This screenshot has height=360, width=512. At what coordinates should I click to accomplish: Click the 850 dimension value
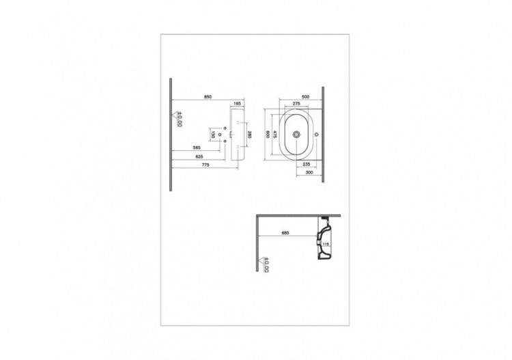click(x=208, y=97)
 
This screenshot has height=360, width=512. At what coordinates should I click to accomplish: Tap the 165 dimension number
click(x=238, y=103)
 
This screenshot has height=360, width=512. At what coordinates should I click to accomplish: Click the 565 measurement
click(x=197, y=148)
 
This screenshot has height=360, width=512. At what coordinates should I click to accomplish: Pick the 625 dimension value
click(x=199, y=157)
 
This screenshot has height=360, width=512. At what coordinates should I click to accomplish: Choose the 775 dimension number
click(x=205, y=166)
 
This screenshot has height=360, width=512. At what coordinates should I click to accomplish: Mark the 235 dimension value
click(x=307, y=165)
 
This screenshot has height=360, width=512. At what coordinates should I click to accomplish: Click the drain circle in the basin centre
click(x=296, y=135)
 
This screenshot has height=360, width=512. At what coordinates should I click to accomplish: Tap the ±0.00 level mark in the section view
click(x=267, y=264)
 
